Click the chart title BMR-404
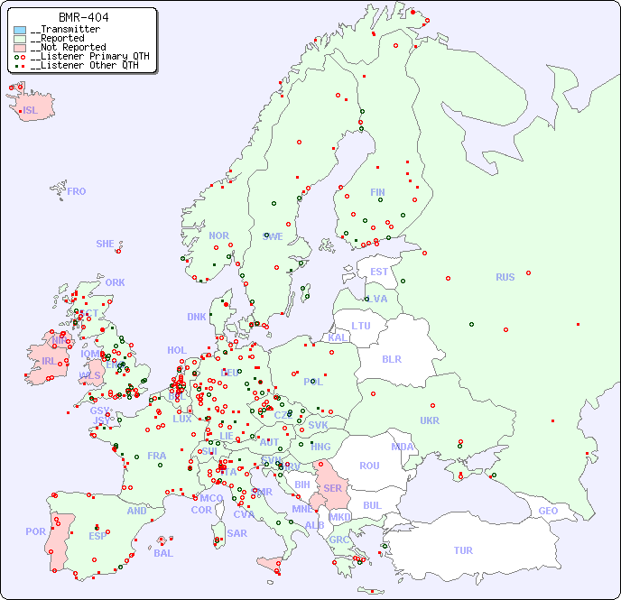tap(83, 17)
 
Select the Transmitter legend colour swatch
tap(20, 30)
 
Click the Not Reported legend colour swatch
tap(20, 48)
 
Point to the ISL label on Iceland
tap(30, 111)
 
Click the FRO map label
tap(76, 191)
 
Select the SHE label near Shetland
tap(105, 244)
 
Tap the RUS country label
tap(505, 277)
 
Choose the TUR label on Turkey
tap(463, 550)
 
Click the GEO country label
tap(548, 511)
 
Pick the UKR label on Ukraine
tap(430, 420)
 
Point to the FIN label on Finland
tap(377, 192)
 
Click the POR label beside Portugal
tap(35, 531)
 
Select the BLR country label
tap(391, 358)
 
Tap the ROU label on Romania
tap(369, 466)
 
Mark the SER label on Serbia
tap(332, 488)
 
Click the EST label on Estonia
tap(379, 272)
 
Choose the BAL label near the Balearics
tap(162, 553)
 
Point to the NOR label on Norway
tap(218, 235)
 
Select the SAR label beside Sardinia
tap(237, 533)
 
